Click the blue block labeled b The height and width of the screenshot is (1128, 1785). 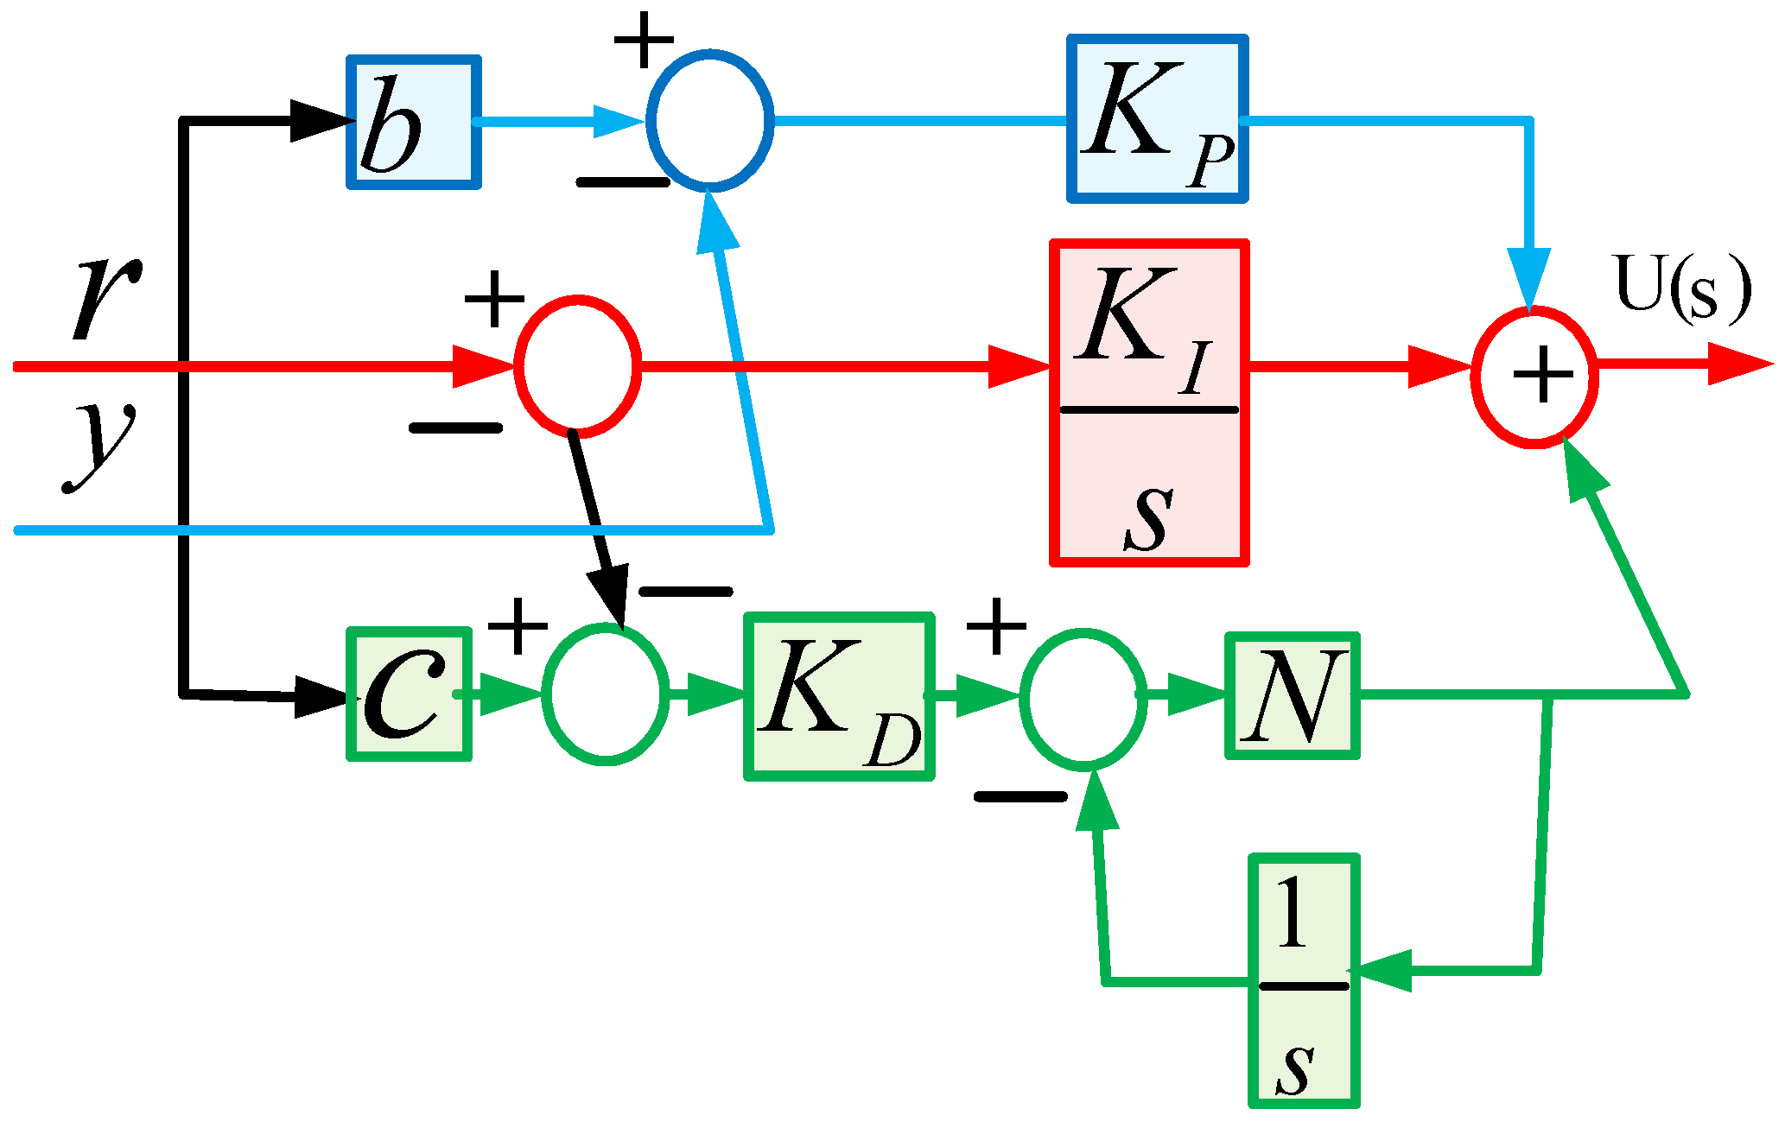(x=413, y=122)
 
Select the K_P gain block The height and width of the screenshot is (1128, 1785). (x=1157, y=119)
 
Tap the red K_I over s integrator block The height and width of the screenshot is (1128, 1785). (x=1149, y=403)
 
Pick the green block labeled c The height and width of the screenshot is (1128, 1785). (x=409, y=694)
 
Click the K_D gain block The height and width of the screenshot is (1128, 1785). (x=839, y=696)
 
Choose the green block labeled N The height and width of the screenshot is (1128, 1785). (x=1292, y=695)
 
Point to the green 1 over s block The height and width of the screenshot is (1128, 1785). (x=1304, y=980)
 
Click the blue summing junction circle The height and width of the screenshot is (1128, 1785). (x=709, y=121)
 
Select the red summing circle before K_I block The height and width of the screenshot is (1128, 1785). (x=577, y=367)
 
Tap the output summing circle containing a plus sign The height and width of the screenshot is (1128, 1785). (x=1534, y=377)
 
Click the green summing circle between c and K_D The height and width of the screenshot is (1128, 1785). (x=606, y=694)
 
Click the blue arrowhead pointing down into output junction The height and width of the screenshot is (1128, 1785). (x=1528, y=276)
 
